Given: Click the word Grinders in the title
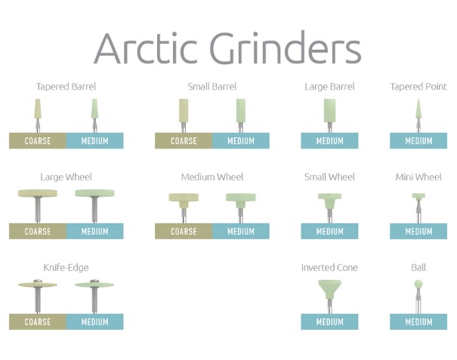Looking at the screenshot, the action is [x=286, y=48].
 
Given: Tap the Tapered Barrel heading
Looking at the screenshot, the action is [x=66, y=87].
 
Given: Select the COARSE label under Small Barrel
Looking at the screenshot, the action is [x=184, y=141].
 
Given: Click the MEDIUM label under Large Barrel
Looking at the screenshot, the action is [x=329, y=141].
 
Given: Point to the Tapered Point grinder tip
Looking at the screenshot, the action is [x=418, y=100].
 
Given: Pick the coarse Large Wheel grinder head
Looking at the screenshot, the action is [x=38, y=192].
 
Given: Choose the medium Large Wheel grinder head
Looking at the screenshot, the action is [x=94, y=192].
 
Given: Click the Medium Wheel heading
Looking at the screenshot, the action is [x=212, y=177].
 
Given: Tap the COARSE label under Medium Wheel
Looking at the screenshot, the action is [x=184, y=232].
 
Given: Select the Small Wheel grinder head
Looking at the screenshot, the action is [x=329, y=201].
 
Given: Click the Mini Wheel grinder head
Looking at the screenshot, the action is [x=418, y=197].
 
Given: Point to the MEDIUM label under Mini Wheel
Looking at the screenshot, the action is [x=418, y=232].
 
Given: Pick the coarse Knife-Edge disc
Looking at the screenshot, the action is [x=38, y=285].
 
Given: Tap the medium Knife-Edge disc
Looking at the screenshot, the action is [x=94, y=285].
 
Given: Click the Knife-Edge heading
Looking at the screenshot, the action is [x=66, y=267].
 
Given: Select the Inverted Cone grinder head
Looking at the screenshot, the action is [x=329, y=289].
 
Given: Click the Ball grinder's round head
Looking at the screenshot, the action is [x=418, y=284].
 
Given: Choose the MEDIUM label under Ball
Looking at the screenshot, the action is [x=418, y=322].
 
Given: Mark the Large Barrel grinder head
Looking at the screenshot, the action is [x=329, y=111].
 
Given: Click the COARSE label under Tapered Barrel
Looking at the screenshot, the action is [x=38, y=141].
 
